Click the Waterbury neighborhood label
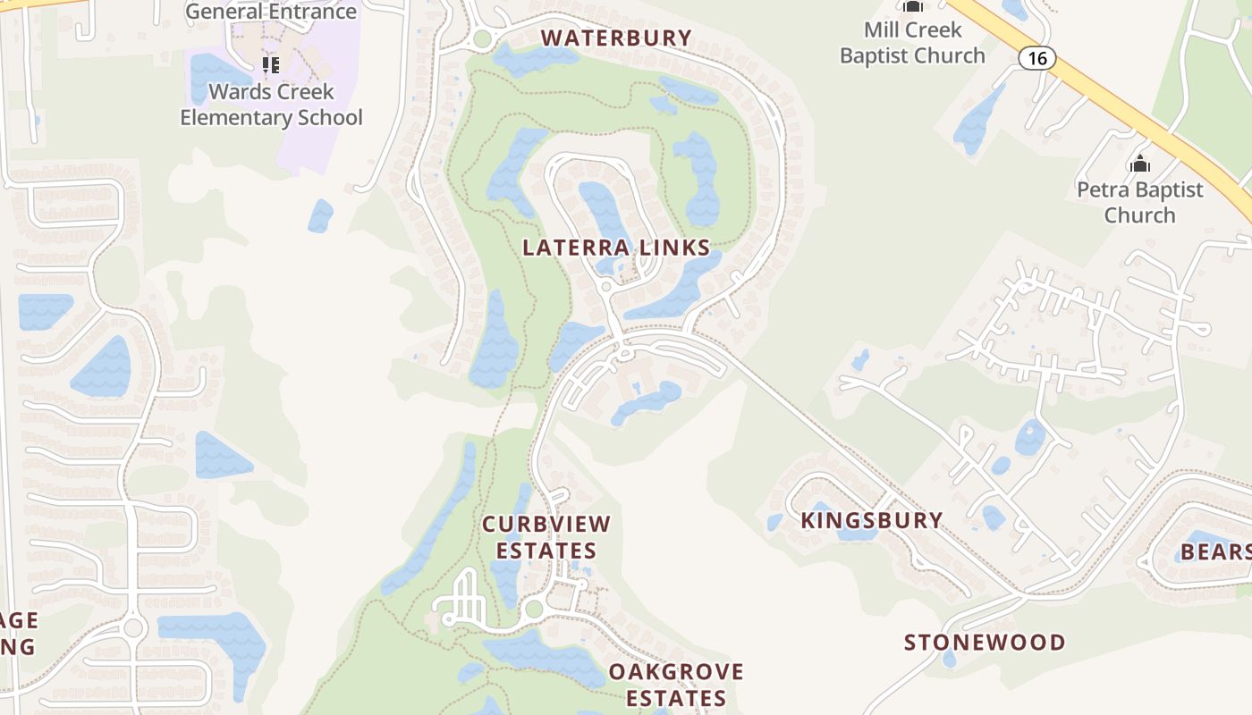(616, 38)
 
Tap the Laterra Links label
(616, 248)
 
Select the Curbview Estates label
(546, 536)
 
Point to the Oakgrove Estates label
(676, 684)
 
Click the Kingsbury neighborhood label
(871, 520)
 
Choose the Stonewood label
(985, 642)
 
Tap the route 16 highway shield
(1036, 59)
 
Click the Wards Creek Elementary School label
(271, 105)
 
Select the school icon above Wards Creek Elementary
(271, 65)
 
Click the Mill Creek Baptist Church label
(912, 42)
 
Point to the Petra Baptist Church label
(1139, 202)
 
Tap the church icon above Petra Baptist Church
(1139, 164)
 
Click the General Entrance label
(271, 12)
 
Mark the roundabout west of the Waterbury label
(483, 38)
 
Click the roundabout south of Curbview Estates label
(534, 610)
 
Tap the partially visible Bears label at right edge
(1216, 551)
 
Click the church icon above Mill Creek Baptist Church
(912, 6)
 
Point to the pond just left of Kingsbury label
(774, 522)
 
